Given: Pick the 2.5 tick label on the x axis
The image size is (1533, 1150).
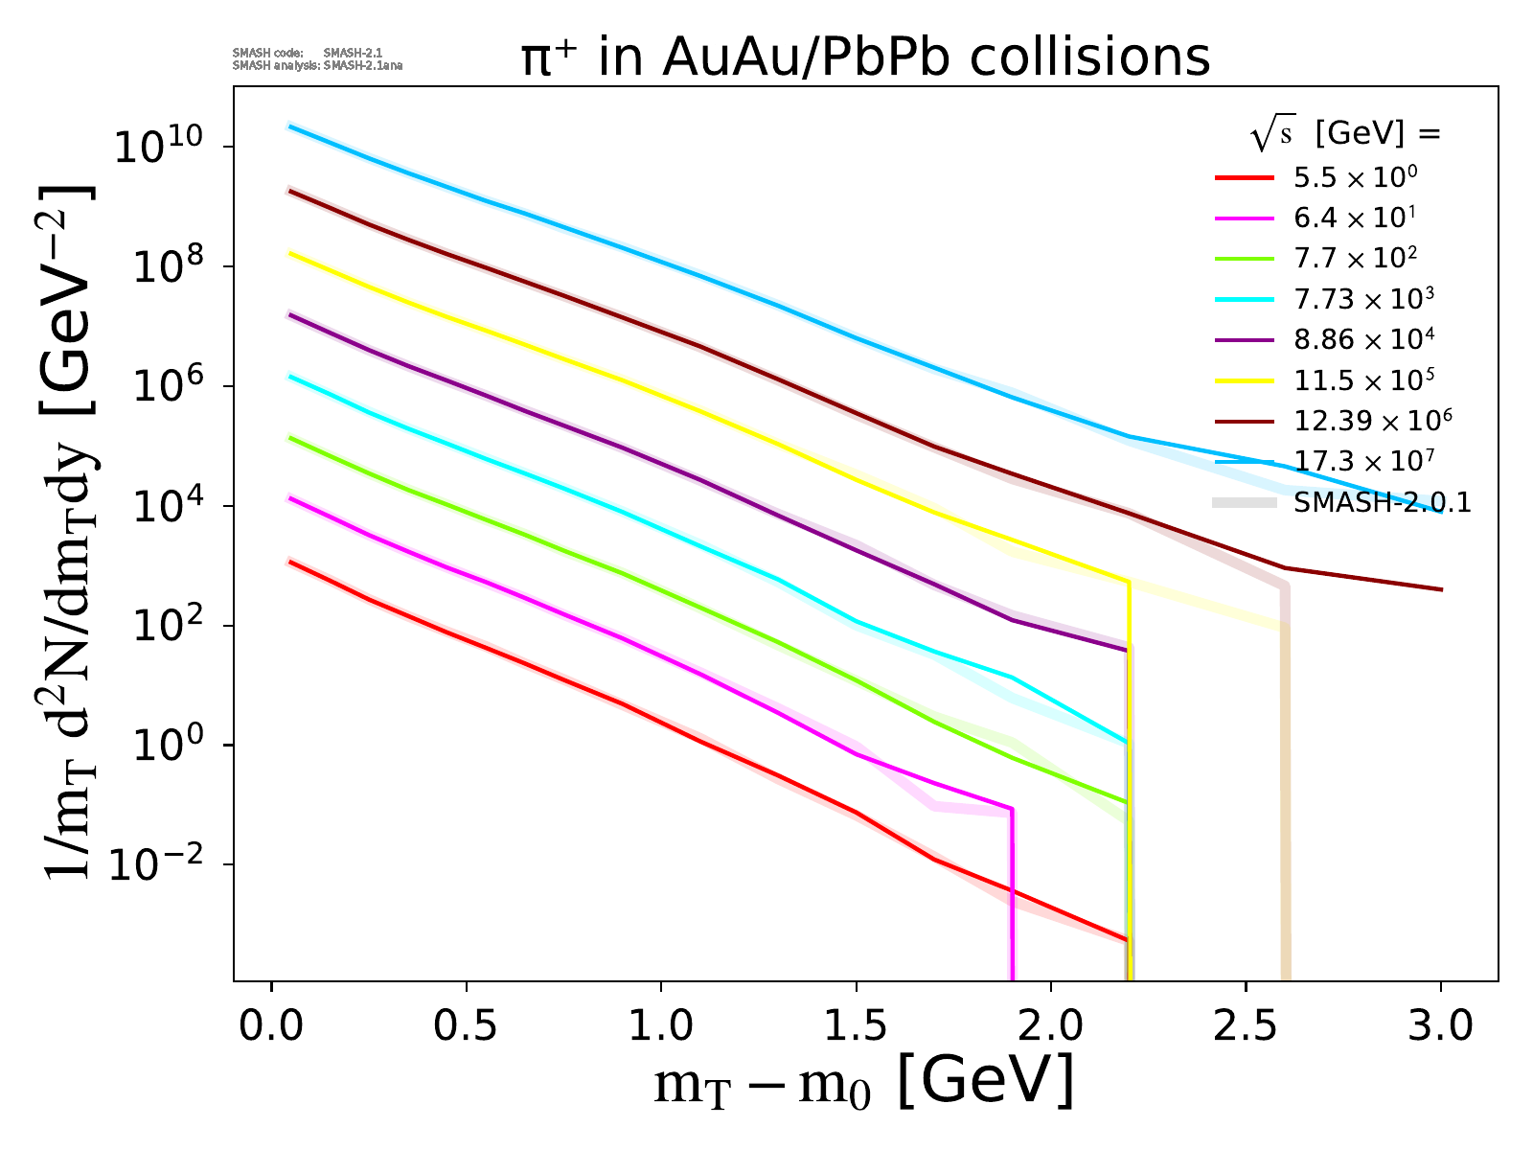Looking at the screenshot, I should click(x=1246, y=1026).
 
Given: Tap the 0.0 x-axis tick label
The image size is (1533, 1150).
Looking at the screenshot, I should click(x=272, y=1026).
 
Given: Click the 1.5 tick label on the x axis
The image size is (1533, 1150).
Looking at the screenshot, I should click(x=857, y=1026).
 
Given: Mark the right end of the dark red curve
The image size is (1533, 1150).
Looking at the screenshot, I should click(x=1440, y=589).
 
